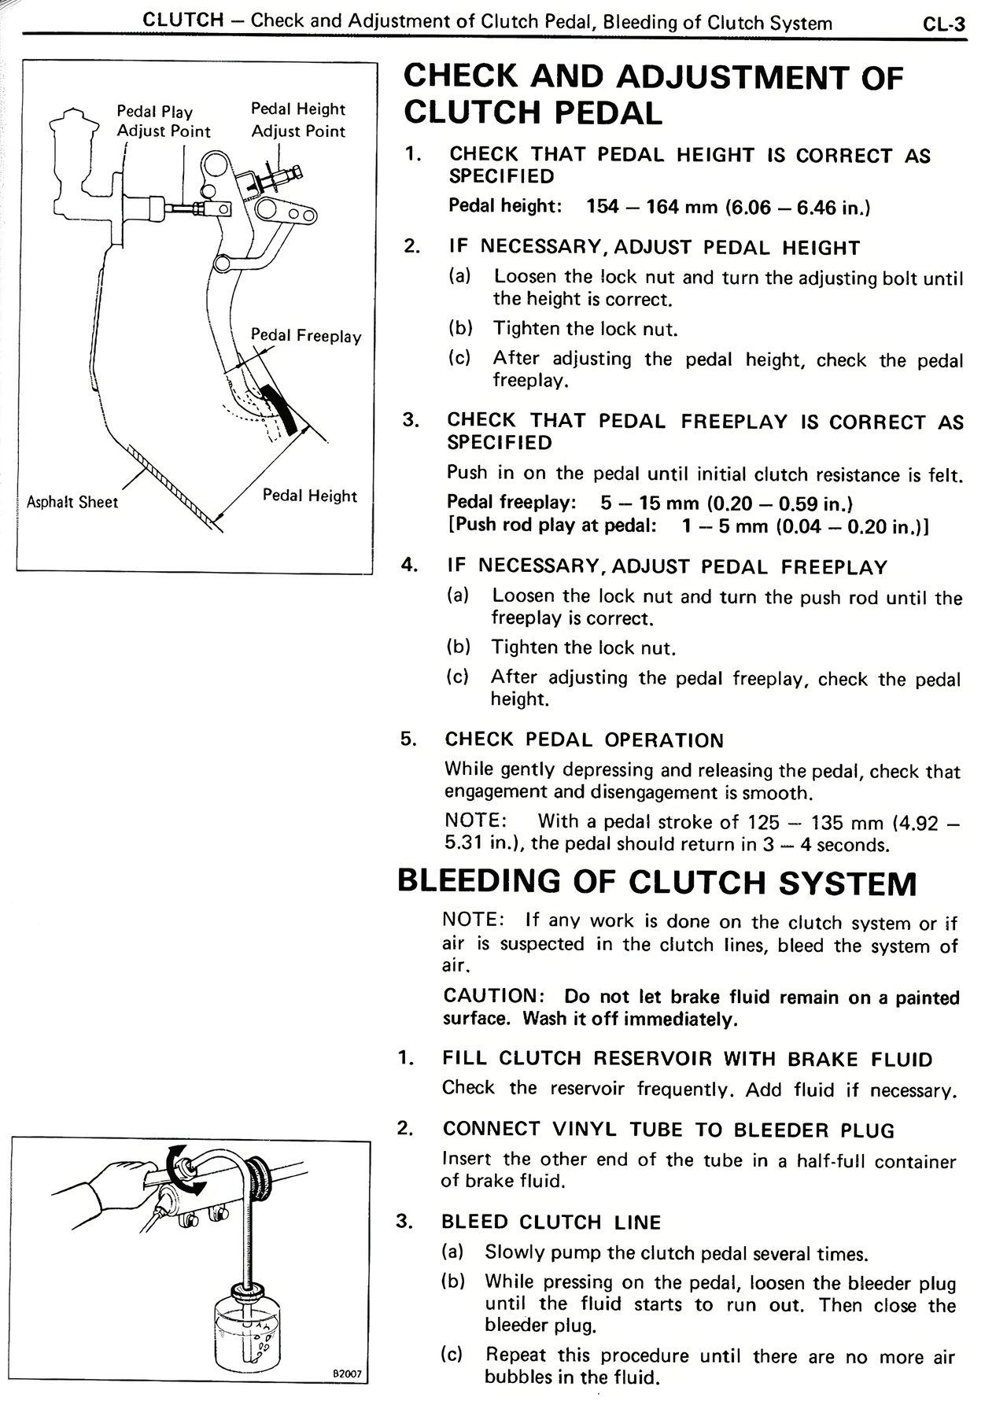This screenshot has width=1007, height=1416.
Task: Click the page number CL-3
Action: click(x=943, y=24)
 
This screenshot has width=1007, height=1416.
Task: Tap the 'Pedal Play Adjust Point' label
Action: click(x=163, y=121)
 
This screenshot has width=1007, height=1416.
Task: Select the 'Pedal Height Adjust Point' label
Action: click(x=298, y=120)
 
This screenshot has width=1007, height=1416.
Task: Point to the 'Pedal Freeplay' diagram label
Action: click(x=306, y=336)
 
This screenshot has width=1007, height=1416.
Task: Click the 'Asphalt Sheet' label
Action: click(x=72, y=502)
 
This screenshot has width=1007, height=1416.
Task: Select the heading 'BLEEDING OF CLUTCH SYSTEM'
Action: click(x=657, y=882)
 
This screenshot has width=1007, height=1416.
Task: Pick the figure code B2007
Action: click(x=346, y=1374)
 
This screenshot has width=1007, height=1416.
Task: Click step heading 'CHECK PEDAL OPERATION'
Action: click(x=584, y=740)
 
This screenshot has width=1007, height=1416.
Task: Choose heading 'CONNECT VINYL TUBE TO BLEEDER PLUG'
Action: click(x=668, y=1130)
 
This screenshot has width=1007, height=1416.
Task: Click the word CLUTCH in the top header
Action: click(x=183, y=21)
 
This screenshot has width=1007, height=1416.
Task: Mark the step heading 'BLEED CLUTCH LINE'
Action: click(x=551, y=1222)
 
